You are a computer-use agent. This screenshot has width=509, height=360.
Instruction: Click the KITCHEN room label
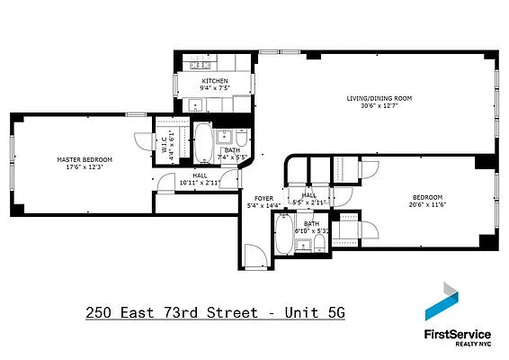215,81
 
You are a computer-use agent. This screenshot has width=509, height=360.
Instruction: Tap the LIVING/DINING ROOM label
379,98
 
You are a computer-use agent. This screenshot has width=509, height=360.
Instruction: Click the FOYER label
263,198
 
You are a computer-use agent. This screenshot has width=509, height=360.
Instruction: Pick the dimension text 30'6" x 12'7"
379,106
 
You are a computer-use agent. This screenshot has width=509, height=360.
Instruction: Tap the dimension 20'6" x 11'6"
427,205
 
